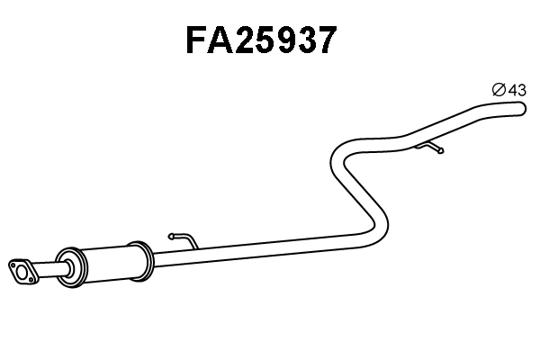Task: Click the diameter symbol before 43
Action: point(498,89)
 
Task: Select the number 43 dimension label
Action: point(517,89)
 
